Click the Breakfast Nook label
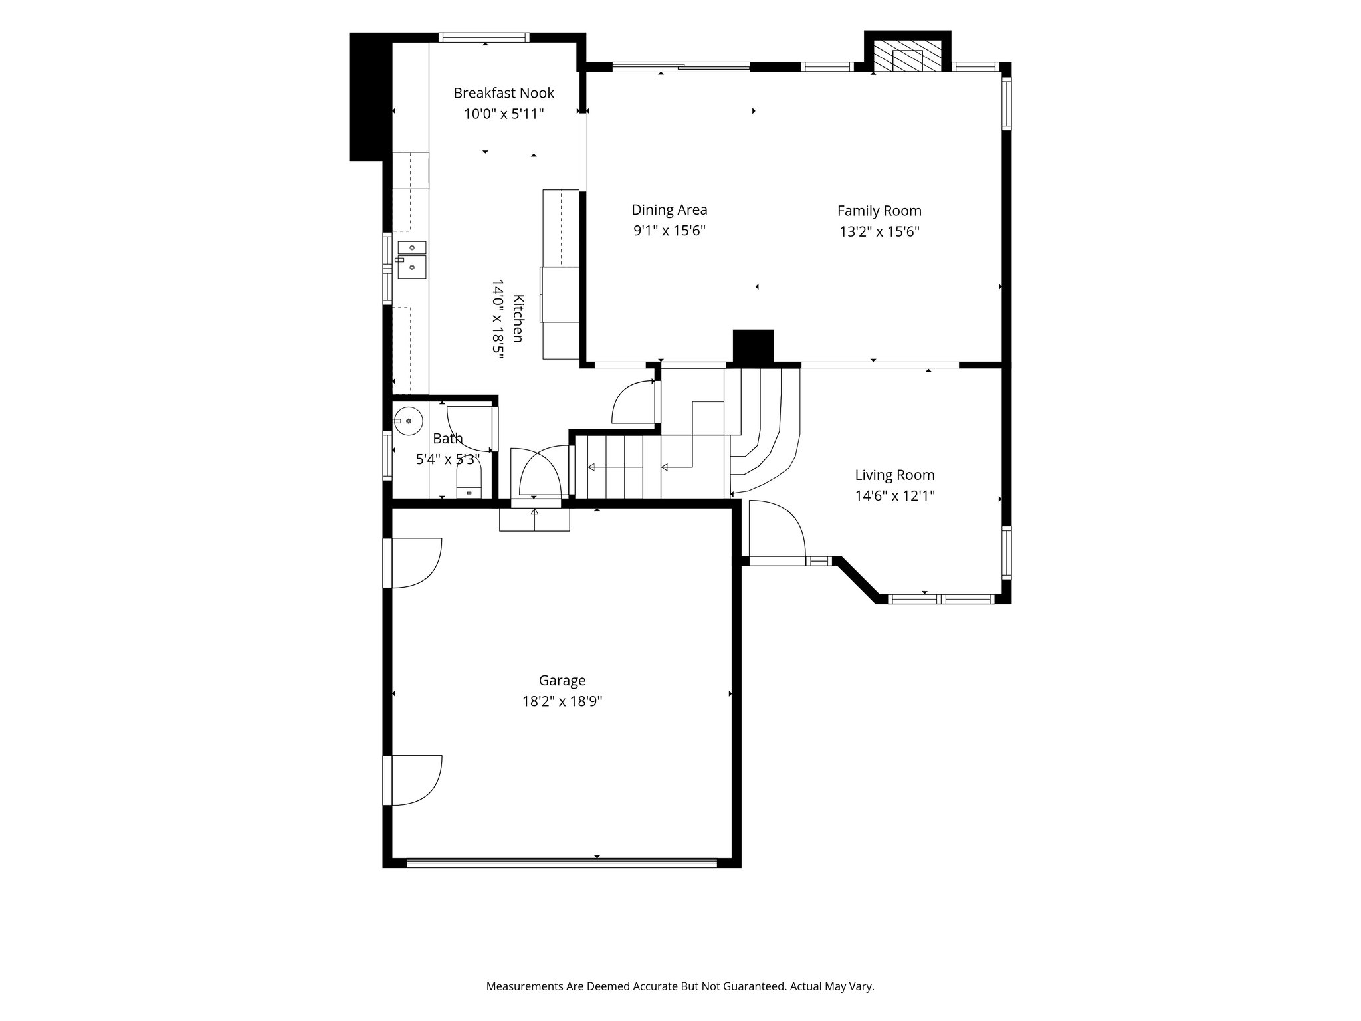504,93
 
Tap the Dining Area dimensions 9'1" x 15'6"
669,231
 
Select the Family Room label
879,211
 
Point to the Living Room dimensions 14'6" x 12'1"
894,495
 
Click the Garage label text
562,681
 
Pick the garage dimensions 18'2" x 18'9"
562,701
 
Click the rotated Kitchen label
518,318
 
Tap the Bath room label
448,439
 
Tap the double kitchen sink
412,260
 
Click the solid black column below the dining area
753,346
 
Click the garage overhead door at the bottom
562,863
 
